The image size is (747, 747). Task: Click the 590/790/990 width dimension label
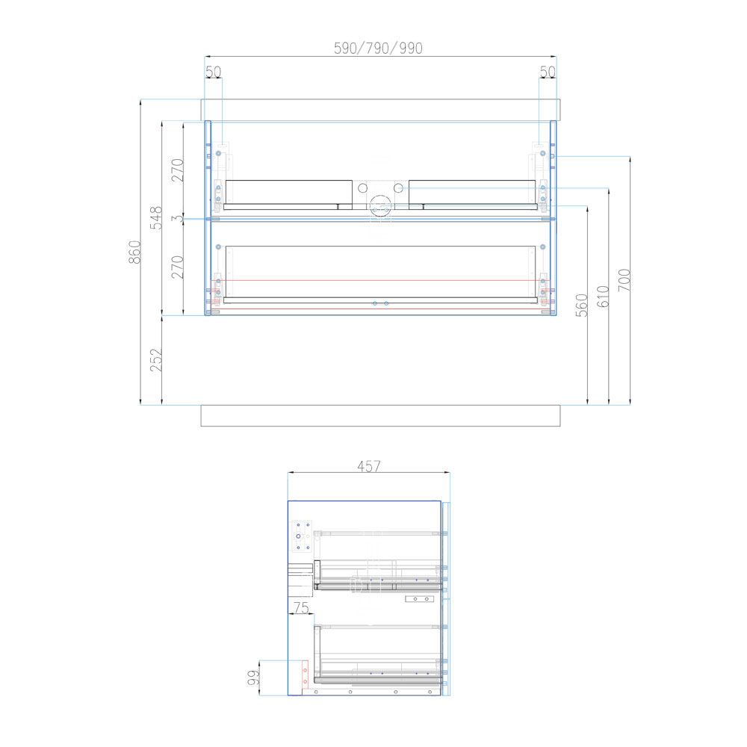coord(378,48)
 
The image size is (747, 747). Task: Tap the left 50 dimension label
coord(214,72)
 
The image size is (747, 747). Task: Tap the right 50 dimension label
coord(548,72)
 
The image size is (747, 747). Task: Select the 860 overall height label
coord(134,252)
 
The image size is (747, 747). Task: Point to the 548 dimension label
coord(156,217)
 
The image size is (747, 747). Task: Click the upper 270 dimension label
coord(178,170)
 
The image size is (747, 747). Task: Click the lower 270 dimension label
coord(178,267)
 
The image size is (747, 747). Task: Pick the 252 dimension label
coord(156,360)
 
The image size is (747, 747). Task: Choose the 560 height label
coord(582,306)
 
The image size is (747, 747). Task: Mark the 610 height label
coord(603,297)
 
